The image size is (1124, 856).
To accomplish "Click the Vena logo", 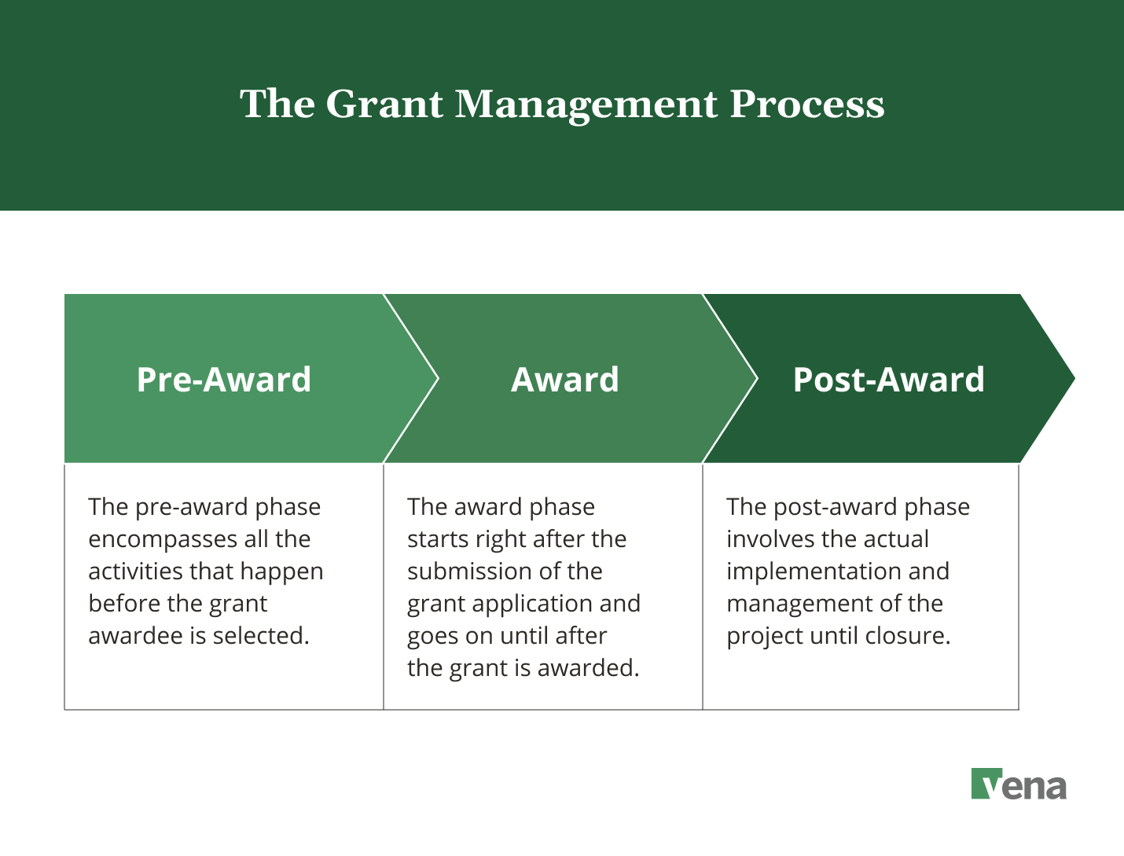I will click(x=1019, y=784).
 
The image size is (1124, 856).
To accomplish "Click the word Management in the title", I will click(x=586, y=105).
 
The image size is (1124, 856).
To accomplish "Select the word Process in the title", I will click(x=807, y=105).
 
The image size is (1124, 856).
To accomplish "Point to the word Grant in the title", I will click(x=384, y=105).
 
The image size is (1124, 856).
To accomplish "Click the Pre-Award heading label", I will click(x=224, y=380).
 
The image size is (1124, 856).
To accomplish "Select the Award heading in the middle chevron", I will click(x=565, y=380).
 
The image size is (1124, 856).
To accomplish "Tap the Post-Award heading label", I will click(x=888, y=380).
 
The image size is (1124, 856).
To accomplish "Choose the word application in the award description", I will click(x=532, y=604).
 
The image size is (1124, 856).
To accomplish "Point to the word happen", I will click(x=286, y=572).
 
